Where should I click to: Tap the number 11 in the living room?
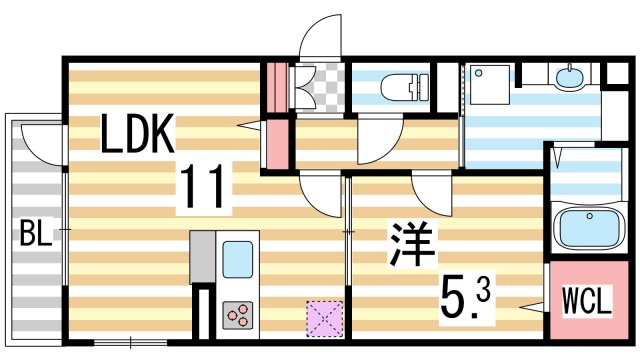pyautogui.click(x=204, y=188)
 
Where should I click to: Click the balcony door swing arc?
pyautogui.click(x=42, y=140)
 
